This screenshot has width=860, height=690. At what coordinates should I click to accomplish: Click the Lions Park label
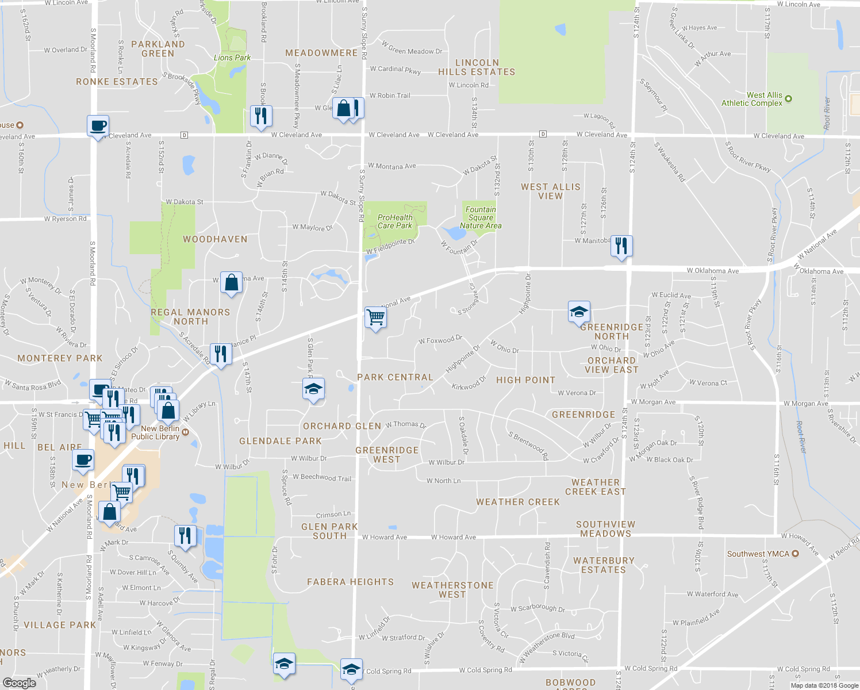[x=232, y=57]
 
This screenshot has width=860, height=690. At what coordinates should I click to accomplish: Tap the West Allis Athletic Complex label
[x=752, y=99]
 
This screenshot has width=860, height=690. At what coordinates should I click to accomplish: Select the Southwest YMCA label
[x=758, y=554]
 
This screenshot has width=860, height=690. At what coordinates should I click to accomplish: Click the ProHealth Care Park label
[x=395, y=221]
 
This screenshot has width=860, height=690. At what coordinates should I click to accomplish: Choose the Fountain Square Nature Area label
[x=481, y=217]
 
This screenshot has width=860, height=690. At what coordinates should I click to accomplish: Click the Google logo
[x=19, y=683]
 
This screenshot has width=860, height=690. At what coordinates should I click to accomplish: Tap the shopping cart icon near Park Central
[x=375, y=317]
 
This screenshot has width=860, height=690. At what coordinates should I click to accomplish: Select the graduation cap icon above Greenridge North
[x=578, y=312]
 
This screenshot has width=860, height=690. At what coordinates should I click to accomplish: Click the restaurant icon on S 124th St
[x=621, y=246]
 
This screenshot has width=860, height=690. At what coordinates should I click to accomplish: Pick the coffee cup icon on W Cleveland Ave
[x=98, y=125]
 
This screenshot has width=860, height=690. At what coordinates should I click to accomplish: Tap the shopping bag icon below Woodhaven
[x=231, y=282]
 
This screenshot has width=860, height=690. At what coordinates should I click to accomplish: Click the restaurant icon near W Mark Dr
[x=185, y=535]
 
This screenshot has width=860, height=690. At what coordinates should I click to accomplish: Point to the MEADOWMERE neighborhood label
[x=321, y=53]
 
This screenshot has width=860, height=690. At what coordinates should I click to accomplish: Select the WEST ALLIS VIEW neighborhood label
[x=550, y=191]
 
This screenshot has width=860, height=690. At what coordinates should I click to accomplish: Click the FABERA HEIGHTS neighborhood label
[x=350, y=582]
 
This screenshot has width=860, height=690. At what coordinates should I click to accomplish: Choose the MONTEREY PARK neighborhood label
[x=60, y=358]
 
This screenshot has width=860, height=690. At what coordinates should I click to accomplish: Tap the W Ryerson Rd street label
[x=65, y=219]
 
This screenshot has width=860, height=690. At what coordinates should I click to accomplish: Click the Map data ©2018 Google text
[x=824, y=685]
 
